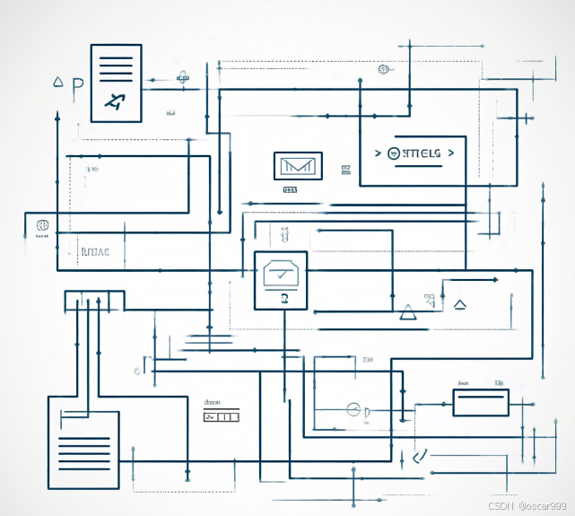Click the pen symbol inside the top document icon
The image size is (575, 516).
115,101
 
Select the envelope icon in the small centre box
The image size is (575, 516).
296,166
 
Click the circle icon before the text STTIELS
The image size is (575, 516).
395,153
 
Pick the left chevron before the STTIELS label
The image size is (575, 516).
378,153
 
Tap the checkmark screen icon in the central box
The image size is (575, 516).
281,275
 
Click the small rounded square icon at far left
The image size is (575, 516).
41,226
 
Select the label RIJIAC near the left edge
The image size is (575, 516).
94,251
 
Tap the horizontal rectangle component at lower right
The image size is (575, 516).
480,402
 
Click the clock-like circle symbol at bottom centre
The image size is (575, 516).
353,410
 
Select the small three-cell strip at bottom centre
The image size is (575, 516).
221,417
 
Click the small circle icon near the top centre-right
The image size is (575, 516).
383,69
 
